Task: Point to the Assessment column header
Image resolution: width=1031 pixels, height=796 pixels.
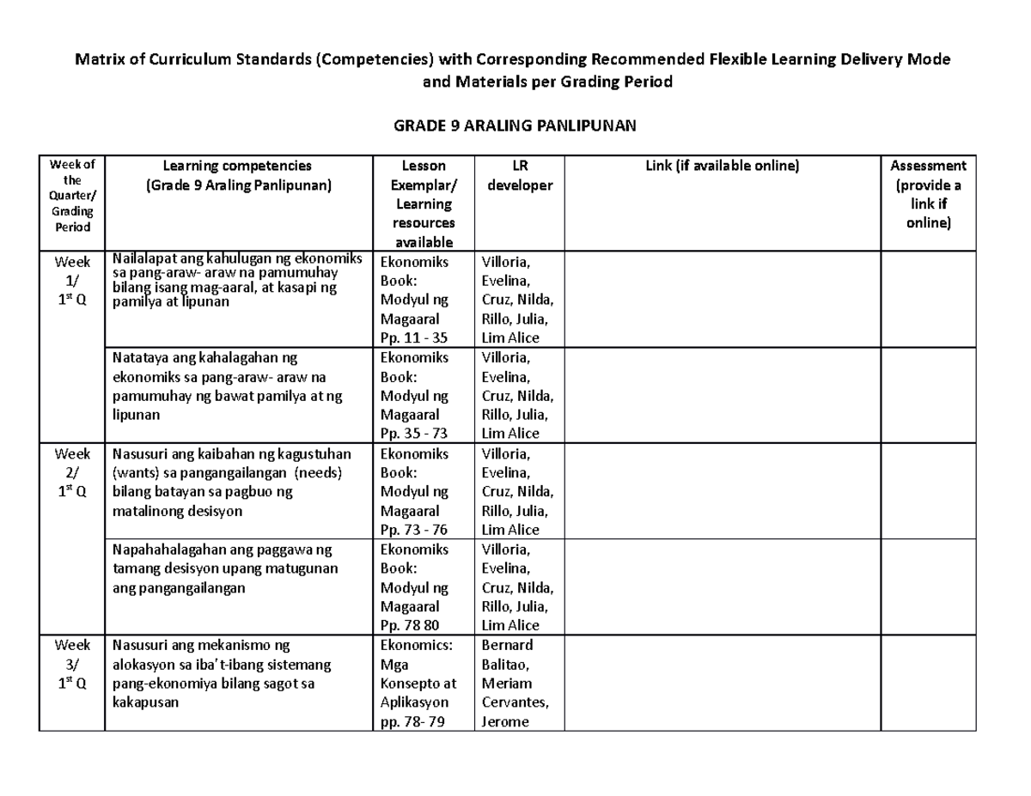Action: (928, 194)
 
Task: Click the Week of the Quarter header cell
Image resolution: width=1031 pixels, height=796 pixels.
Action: (71, 196)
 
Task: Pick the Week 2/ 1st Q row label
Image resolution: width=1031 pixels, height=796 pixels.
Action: (71, 473)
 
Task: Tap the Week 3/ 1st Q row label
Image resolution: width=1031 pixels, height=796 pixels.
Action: (71, 665)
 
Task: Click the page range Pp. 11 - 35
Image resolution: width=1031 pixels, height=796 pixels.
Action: (419, 337)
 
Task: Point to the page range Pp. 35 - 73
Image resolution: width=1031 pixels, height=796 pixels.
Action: (419, 434)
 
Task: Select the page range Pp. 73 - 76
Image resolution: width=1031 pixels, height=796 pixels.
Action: (419, 530)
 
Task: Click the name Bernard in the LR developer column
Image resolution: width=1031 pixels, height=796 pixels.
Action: (507, 645)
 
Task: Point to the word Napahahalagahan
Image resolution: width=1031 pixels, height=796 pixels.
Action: (167, 550)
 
